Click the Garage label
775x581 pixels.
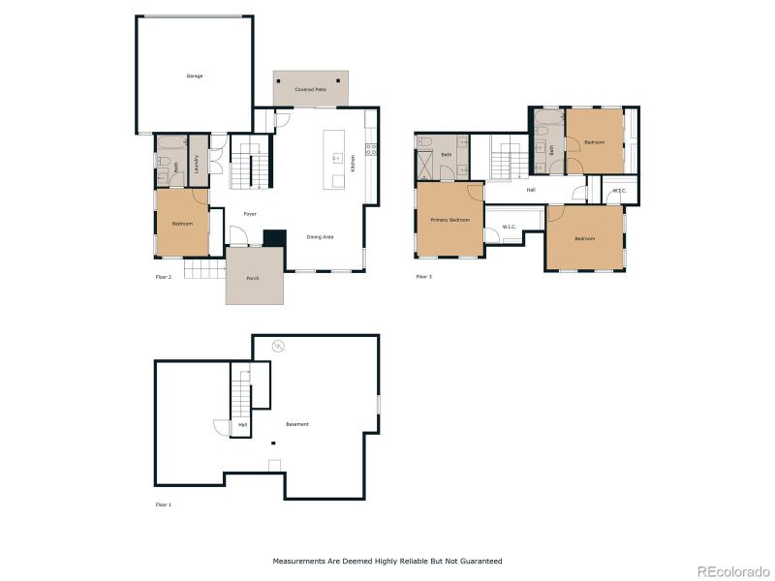[x=195, y=76]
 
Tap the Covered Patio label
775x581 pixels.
[x=310, y=89]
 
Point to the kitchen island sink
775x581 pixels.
[x=338, y=157]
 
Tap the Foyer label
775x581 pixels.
[x=250, y=214]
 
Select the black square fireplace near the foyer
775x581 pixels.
[x=275, y=237]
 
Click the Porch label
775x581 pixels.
[x=253, y=278]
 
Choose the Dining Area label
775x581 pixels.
[x=321, y=237]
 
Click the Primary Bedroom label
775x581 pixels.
[x=449, y=220]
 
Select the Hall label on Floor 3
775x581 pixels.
[x=531, y=190]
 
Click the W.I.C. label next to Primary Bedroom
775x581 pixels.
[x=509, y=228]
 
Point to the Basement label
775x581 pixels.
[x=297, y=424]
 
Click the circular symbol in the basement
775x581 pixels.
[x=278, y=345]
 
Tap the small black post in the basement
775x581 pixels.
[x=273, y=443]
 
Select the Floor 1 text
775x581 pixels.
[x=164, y=505]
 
